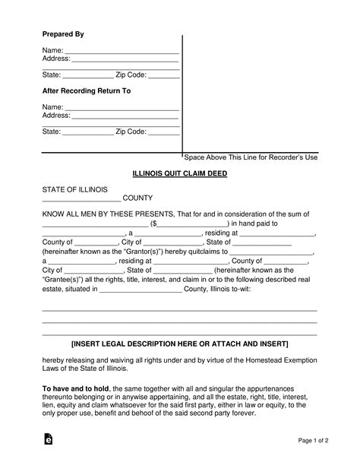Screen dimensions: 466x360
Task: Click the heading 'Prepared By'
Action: coord(62,35)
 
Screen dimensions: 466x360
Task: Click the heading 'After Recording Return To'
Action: coord(86,91)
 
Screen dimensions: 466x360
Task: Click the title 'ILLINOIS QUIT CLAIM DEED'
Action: coord(179,173)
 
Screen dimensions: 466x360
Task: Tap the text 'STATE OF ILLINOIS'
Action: coord(74,189)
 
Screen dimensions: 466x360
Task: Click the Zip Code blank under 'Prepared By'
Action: coord(163,74)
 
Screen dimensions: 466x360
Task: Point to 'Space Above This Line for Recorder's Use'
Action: coord(251,157)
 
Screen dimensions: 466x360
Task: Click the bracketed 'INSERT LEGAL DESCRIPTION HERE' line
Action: coord(179,342)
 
